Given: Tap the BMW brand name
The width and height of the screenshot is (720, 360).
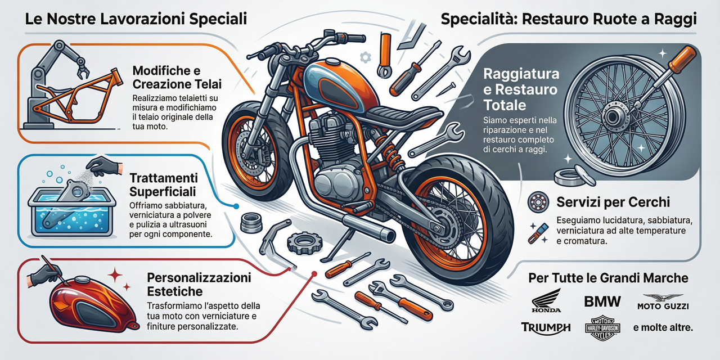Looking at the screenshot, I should click(x=602, y=302).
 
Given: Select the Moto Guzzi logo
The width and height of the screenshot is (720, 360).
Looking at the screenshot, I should click(x=663, y=301).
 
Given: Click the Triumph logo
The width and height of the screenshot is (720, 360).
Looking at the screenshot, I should click(x=546, y=327).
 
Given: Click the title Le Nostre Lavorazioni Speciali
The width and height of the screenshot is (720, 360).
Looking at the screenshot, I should click(x=136, y=20).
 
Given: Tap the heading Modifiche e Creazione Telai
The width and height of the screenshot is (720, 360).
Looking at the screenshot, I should click(x=177, y=78).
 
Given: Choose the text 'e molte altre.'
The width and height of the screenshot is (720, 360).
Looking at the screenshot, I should click(x=663, y=327).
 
